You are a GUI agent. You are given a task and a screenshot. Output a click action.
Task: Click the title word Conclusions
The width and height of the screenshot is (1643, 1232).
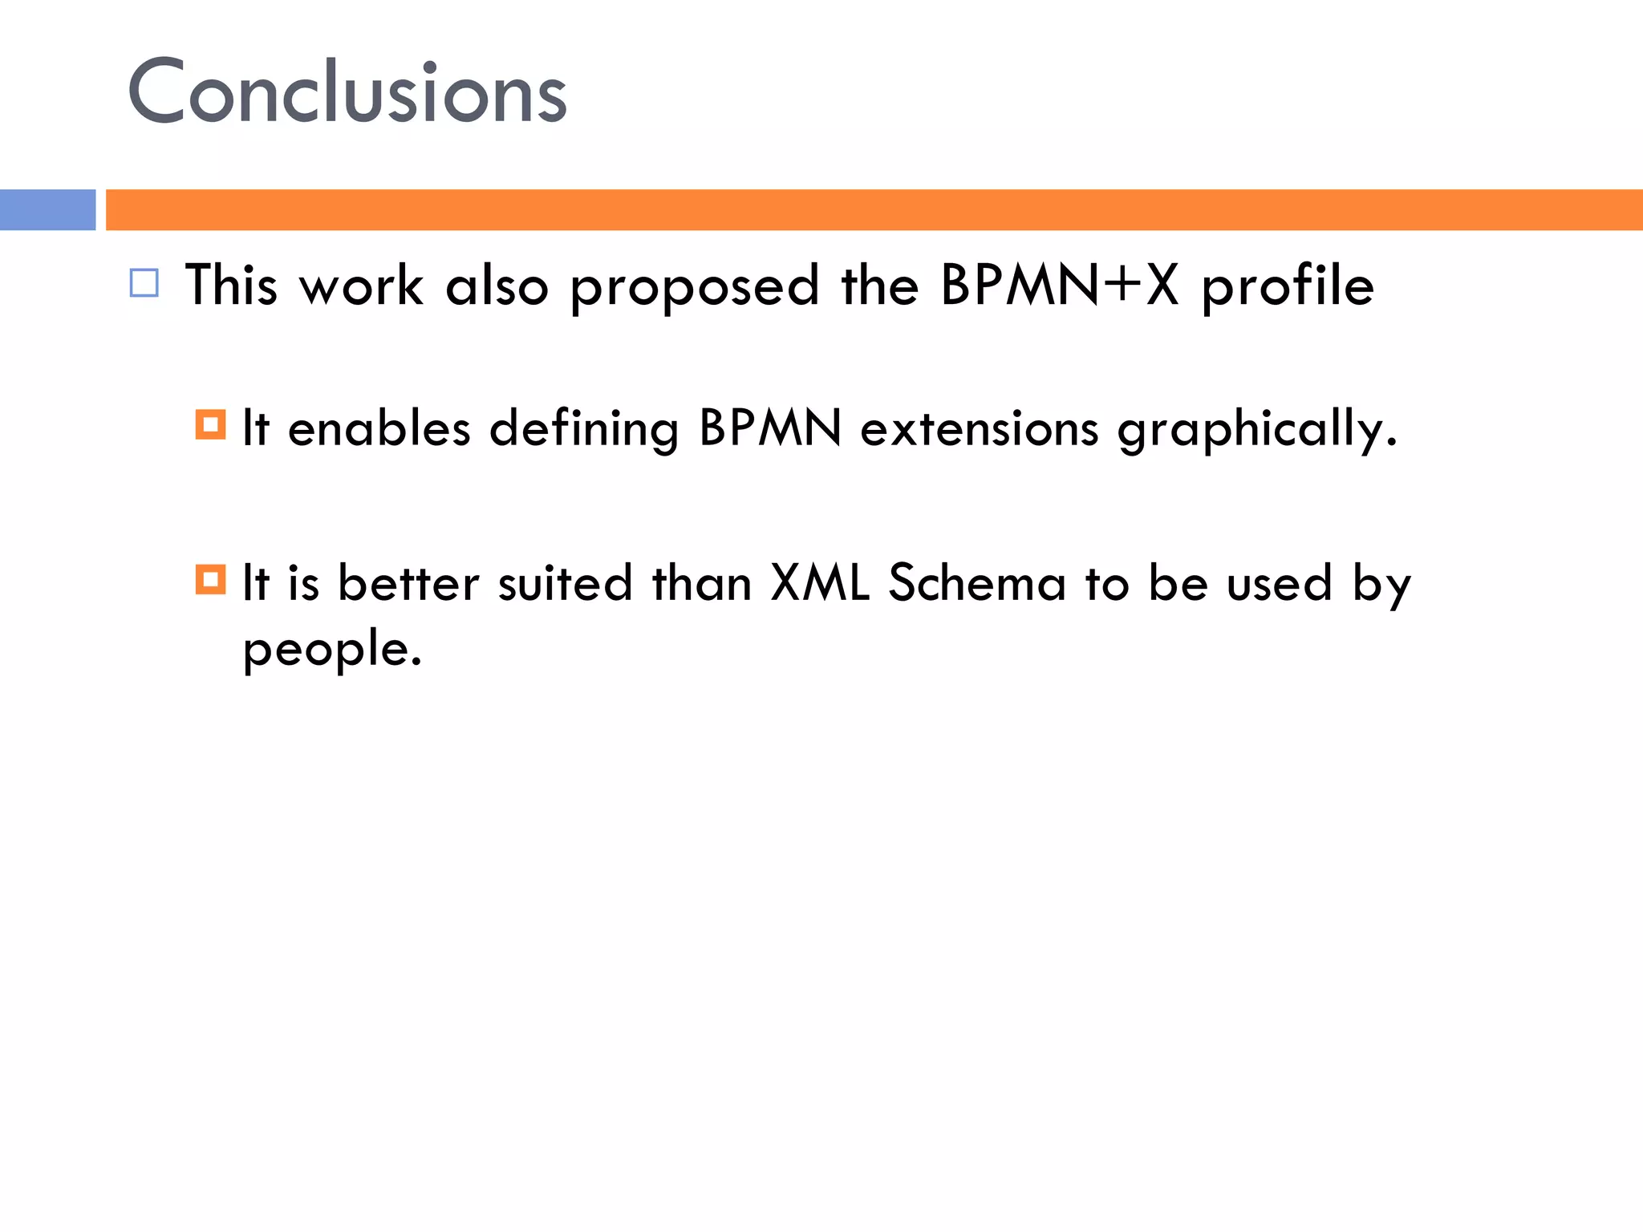click(x=347, y=92)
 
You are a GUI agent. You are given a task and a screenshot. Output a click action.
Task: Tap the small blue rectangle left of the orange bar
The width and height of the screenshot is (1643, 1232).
click(x=47, y=210)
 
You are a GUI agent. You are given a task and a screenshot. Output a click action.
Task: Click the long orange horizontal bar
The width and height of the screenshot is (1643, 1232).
click(x=873, y=210)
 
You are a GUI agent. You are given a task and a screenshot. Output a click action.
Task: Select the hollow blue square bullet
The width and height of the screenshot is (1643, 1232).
click(x=144, y=284)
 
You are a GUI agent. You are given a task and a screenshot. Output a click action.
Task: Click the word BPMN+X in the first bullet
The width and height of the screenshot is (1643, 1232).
click(x=1060, y=286)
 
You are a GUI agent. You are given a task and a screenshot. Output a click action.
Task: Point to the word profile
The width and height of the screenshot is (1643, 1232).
click(x=1287, y=287)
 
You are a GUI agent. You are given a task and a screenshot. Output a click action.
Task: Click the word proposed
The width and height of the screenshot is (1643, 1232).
click(x=695, y=287)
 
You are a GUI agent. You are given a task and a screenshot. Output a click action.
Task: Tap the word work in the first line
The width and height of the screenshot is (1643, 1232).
click(x=360, y=286)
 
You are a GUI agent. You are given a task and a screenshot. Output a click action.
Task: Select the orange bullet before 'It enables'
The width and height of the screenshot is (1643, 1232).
click(x=210, y=424)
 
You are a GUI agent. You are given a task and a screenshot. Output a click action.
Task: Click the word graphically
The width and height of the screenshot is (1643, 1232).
click(x=1256, y=430)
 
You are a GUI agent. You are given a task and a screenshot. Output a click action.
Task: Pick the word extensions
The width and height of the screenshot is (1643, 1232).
click(x=979, y=428)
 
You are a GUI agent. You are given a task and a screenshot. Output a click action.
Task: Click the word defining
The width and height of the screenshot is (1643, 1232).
click(x=584, y=428)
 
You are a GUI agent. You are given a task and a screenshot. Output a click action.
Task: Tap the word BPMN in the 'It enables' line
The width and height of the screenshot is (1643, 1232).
click(x=770, y=428)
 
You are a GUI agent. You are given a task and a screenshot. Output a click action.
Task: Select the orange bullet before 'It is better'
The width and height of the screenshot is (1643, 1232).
click(x=210, y=579)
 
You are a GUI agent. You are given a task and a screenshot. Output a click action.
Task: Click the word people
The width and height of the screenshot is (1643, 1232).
click(x=331, y=650)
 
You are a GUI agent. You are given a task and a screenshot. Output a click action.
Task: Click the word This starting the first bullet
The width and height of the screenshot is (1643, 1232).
click(x=231, y=286)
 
